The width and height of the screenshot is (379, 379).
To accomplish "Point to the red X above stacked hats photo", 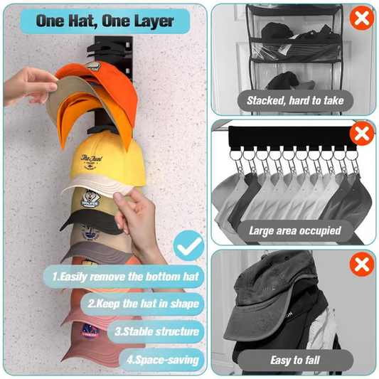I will pyautogui.click(x=362, y=17).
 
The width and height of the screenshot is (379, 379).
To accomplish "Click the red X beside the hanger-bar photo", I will pyautogui.click(x=363, y=133).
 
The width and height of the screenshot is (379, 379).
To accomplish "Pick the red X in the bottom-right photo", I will pyautogui.click(x=363, y=265).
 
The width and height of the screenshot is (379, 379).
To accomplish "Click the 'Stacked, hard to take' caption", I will pyautogui.click(x=294, y=100).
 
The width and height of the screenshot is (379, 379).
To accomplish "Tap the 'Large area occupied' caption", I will pyautogui.click(x=294, y=230).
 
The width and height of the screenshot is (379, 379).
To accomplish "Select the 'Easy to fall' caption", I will pyautogui.click(x=294, y=361).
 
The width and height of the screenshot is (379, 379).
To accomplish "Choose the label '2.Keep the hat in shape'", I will pyautogui.click(x=143, y=304).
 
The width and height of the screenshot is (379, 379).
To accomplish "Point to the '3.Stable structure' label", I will pyautogui.click(x=156, y=331).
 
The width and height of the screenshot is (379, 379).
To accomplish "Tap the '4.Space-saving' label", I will pyautogui.click(x=163, y=359).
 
